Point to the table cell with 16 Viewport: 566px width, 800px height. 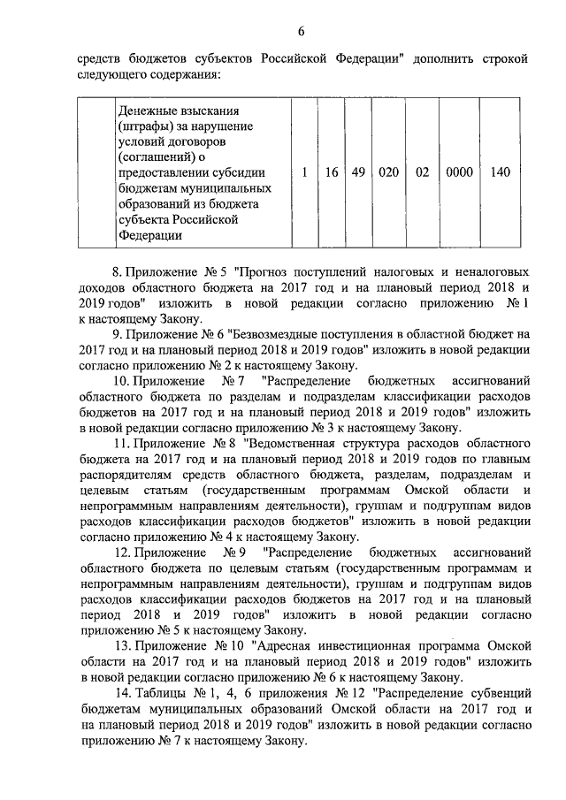pyautogui.click(x=331, y=172)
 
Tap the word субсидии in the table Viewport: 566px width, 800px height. pyautogui.click(x=239, y=172)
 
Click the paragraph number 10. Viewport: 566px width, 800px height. pyautogui.click(x=123, y=381)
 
